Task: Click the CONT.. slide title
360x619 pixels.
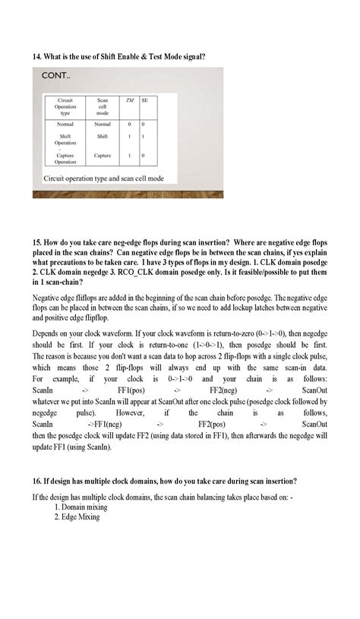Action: coord(58,77)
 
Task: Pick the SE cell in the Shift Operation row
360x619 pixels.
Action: coord(144,137)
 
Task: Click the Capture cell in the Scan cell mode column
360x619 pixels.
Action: coord(103,155)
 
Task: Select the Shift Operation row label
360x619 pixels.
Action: coord(65,140)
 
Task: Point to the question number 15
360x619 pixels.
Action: coord(38,242)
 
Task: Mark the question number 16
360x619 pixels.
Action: coord(38,481)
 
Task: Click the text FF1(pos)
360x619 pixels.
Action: coord(132,388)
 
